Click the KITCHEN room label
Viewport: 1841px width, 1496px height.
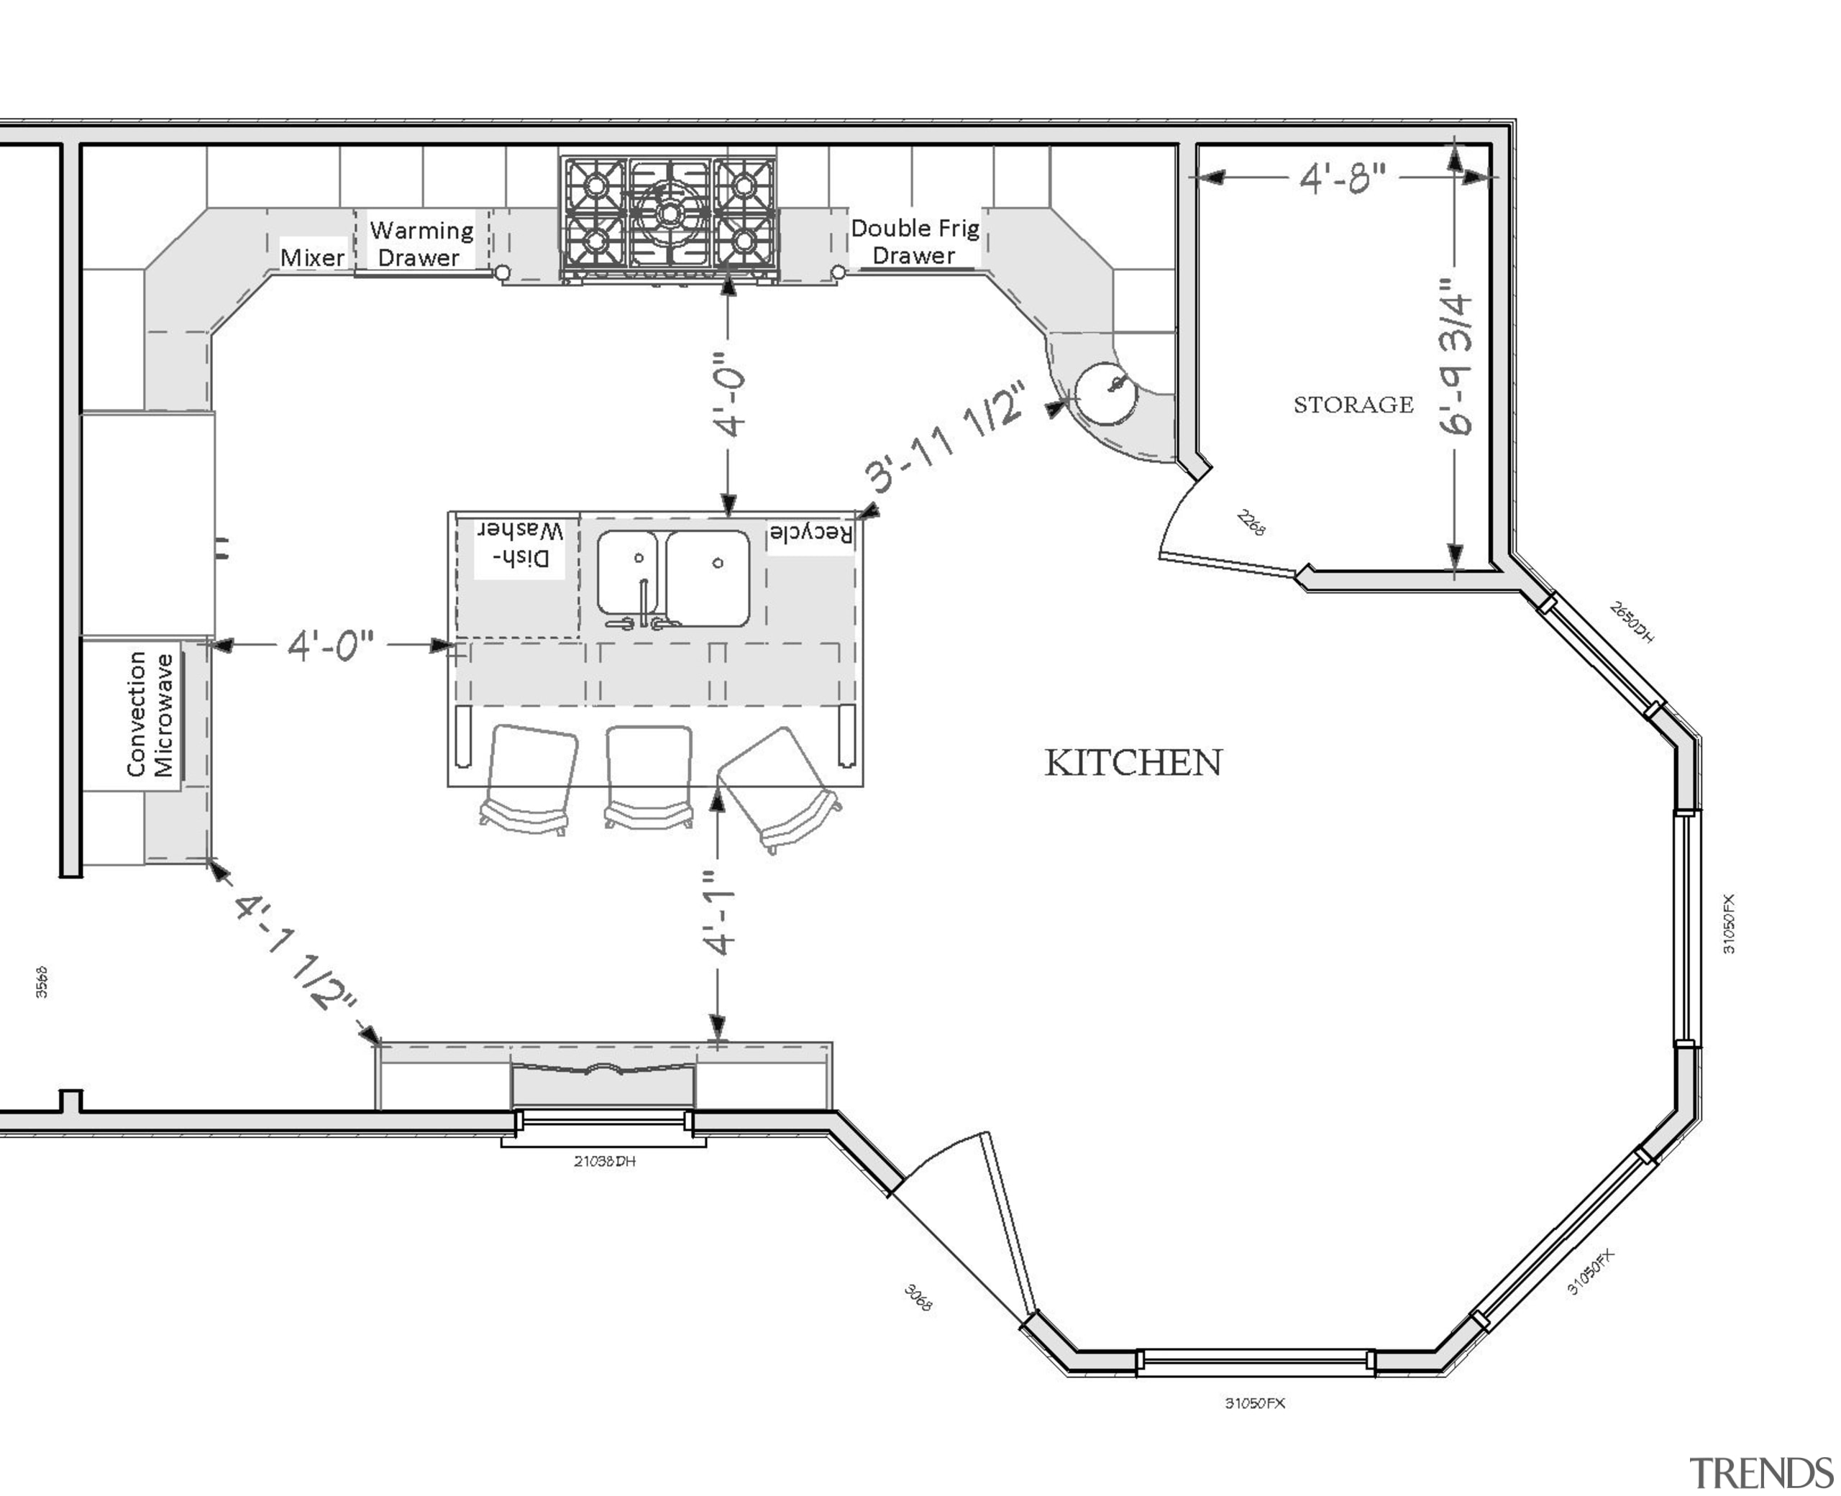tap(1133, 763)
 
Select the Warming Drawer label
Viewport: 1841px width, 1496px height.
tap(421, 244)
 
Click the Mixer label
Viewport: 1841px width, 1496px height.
tap(312, 257)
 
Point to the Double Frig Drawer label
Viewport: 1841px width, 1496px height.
tap(915, 242)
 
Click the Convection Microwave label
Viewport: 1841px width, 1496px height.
tap(150, 715)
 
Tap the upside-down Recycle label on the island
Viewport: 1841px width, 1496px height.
tap(810, 533)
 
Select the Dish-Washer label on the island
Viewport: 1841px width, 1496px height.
tap(521, 545)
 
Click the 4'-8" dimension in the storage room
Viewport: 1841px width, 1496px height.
tap(1342, 178)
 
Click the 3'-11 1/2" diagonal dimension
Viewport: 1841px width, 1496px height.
tap(946, 437)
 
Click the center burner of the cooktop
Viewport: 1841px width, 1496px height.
tap(669, 211)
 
